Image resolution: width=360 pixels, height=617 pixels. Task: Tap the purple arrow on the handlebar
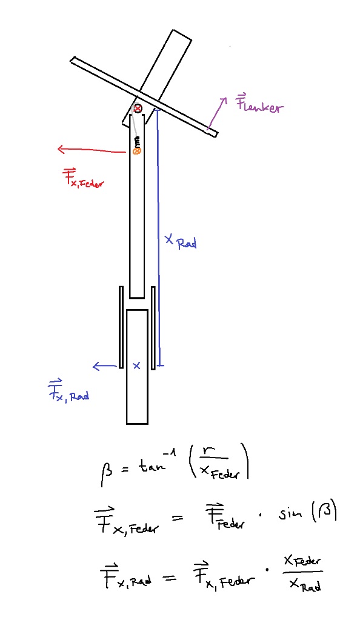coord(218,113)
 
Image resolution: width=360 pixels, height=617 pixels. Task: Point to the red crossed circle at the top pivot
coord(138,108)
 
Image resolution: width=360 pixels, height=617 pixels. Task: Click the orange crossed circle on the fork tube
coord(137,150)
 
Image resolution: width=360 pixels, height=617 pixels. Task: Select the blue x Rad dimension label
coord(181,241)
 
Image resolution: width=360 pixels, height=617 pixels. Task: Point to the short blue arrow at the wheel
coord(105,366)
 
